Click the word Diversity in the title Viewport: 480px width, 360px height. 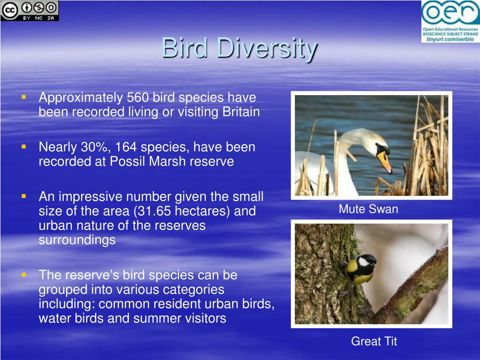[x=267, y=49]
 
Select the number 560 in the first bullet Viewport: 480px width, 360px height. [x=137, y=97]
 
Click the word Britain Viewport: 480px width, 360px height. [x=241, y=112]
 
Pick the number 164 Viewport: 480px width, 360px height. [x=126, y=147]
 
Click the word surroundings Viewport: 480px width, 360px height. [x=77, y=240]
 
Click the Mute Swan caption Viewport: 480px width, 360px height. [x=368, y=209]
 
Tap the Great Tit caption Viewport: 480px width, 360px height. [x=374, y=341]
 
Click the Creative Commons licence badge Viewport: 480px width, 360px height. [x=30, y=11]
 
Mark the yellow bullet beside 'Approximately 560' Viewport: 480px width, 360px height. [x=24, y=97]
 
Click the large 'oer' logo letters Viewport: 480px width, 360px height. [x=450, y=13]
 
